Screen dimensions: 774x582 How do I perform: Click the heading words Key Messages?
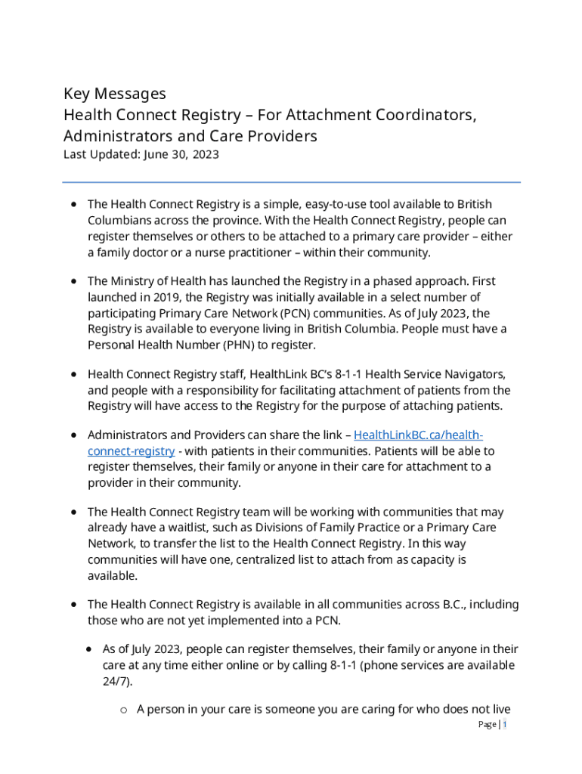tap(114, 94)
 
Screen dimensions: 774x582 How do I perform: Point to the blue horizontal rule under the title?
tap(291, 182)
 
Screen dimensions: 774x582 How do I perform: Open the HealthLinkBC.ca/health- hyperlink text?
tap(418, 435)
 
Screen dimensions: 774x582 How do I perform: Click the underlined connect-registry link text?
tap(131, 451)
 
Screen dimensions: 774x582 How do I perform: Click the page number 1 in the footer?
tap(504, 725)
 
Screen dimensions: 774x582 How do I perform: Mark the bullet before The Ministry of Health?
tap(73, 281)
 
